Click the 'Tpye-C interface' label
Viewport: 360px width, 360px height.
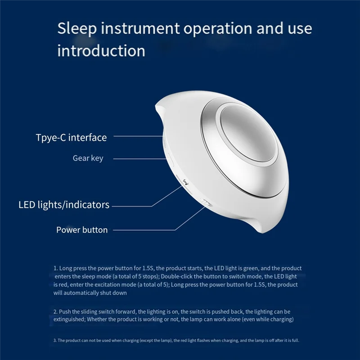tap(71, 137)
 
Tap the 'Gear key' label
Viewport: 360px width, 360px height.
tap(88, 158)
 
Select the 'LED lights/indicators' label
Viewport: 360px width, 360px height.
tap(64, 205)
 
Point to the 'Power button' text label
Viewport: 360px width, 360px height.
tap(82, 230)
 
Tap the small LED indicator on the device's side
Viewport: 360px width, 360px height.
tap(185, 182)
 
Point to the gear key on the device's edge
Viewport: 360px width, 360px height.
tap(170, 160)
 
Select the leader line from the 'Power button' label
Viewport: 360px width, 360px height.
tap(148, 230)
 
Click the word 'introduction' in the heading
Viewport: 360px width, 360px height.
tap(101, 50)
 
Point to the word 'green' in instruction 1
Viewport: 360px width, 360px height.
tap(243, 268)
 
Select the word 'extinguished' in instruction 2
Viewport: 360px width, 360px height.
tap(69, 319)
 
